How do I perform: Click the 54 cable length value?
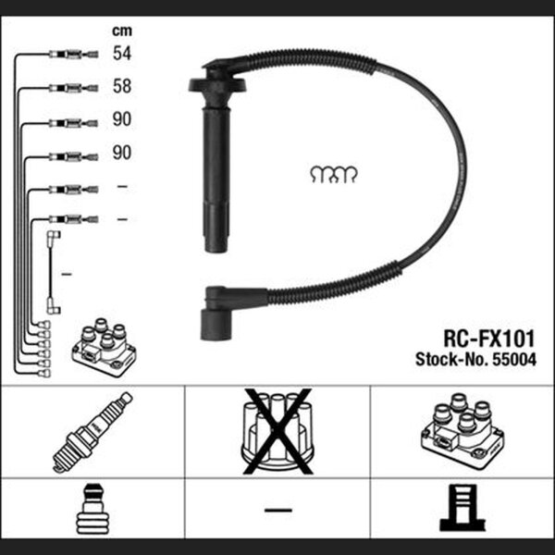tap(122, 53)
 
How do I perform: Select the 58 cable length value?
tap(122, 86)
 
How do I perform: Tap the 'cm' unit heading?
tap(122, 31)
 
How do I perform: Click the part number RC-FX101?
tap(488, 339)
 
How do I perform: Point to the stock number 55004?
tap(515, 360)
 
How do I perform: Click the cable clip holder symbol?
tap(334, 174)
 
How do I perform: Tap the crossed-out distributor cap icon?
tap(277, 431)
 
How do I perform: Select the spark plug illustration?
tap(92, 432)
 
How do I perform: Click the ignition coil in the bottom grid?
tap(462, 431)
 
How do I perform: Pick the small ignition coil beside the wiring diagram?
tap(104, 347)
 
